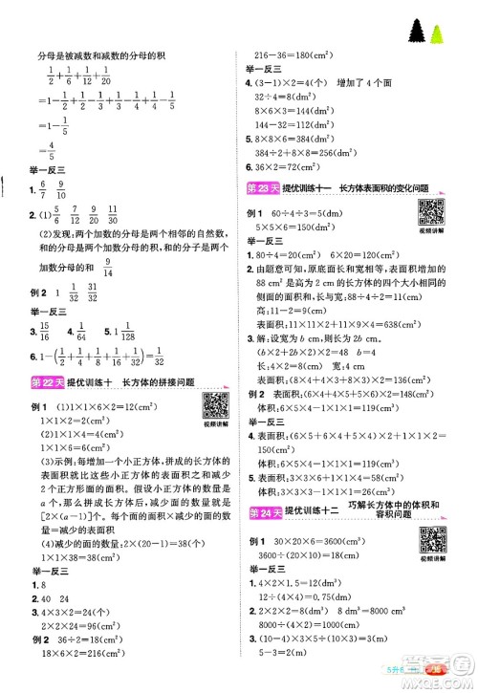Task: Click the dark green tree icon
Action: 418,32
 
